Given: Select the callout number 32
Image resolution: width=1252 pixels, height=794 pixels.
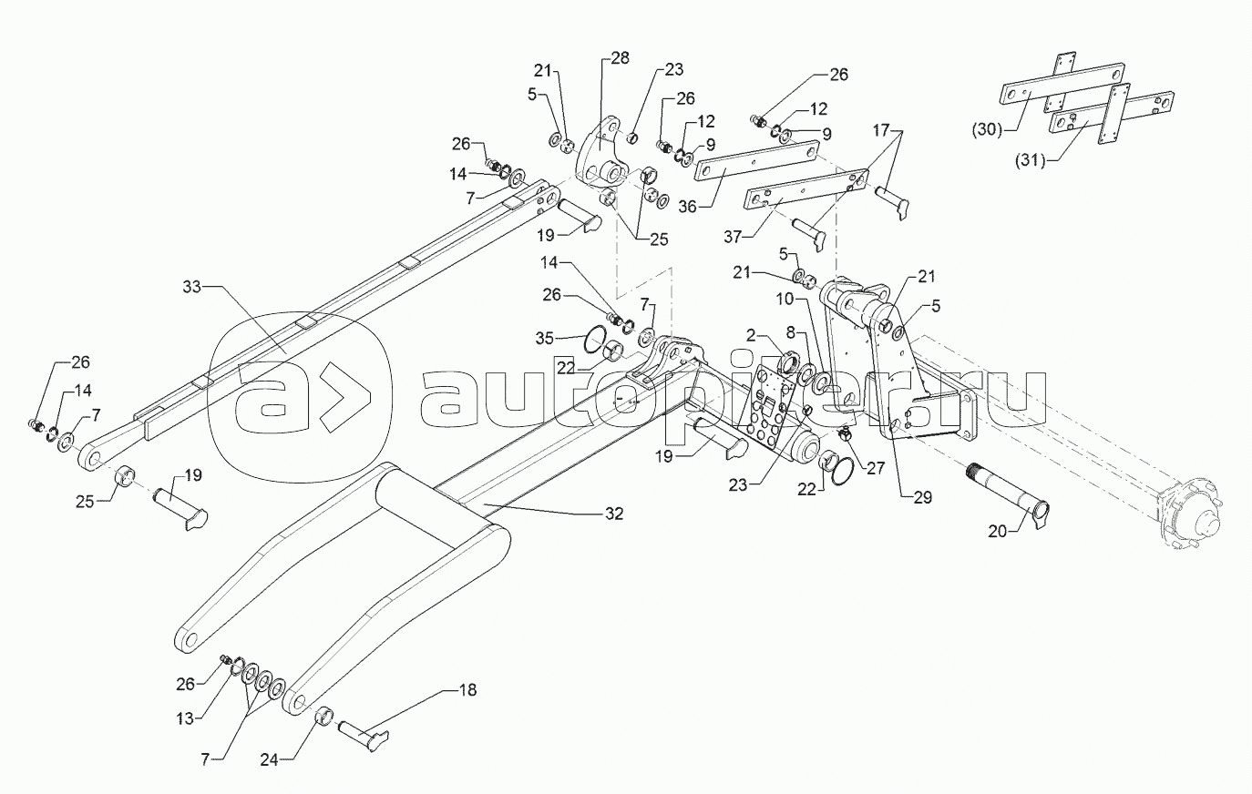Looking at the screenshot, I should [x=614, y=514].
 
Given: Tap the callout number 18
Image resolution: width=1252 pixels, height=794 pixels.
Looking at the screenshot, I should [x=467, y=690].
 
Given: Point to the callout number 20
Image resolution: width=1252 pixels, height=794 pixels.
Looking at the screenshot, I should [x=998, y=531].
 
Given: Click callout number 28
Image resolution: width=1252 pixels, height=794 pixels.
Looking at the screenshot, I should [x=620, y=58].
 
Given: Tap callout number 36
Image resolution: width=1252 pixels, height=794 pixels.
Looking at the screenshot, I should [x=687, y=207].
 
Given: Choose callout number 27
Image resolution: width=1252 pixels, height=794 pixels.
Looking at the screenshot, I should [x=876, y=469].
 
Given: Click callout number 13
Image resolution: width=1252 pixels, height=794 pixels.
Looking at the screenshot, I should [x=185, y=718].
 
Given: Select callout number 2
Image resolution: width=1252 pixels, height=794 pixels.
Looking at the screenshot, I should [x=751, y=335].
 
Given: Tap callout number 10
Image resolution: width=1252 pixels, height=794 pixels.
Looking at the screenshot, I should [x=785, y=299].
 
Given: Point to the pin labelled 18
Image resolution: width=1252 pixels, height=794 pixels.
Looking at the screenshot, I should [x=363, y=729].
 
